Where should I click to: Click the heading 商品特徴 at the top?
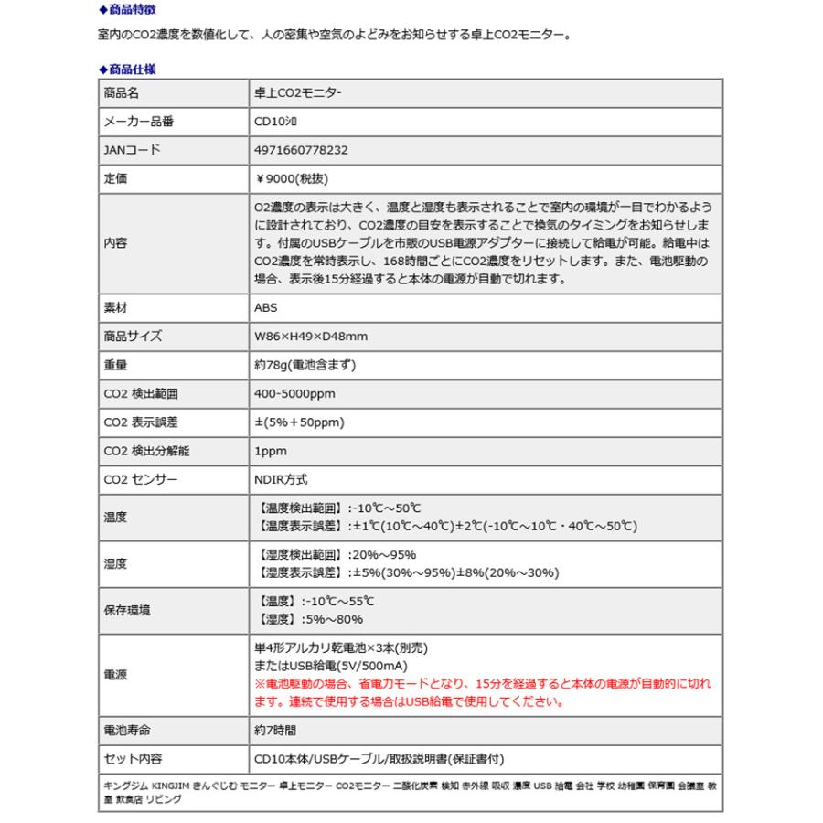pos(131,11)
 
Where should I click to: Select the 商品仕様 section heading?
pos(131,69)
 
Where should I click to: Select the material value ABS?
pos(265,308)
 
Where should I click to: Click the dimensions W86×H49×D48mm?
pos(311,337)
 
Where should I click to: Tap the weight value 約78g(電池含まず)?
pos(305,365)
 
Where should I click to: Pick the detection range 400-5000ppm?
pos(295,393)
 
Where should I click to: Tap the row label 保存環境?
pos(127,610)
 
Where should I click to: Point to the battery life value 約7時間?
pos(275,731)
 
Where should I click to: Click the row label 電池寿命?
pos(127,731)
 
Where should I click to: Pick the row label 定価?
pos(115,180)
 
